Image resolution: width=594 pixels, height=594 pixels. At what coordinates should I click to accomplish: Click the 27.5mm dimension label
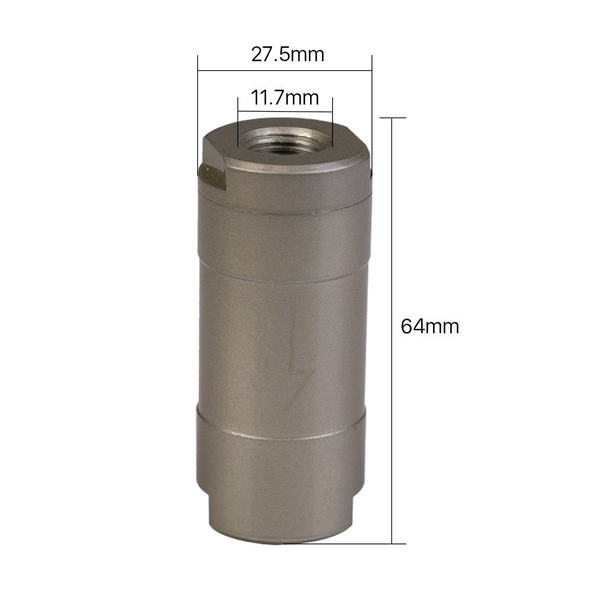pos(287,55)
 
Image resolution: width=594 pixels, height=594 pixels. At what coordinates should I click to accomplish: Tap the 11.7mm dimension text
pos(285,98)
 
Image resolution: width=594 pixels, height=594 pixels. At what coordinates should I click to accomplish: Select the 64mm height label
pos(429,327)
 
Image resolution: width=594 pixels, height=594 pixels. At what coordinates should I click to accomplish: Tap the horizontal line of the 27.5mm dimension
pos(285,71)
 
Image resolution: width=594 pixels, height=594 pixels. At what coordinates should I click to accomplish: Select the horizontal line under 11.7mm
pos(285,112)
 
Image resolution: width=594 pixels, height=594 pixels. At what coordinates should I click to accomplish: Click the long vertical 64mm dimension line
pos(391,331)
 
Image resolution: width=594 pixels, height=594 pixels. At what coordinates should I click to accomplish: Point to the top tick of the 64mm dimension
pos(393,118)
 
